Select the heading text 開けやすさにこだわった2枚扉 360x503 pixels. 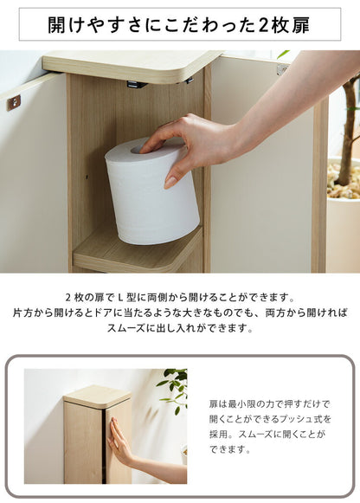(x=179, y=24)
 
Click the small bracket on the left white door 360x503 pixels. (x=14, y=102)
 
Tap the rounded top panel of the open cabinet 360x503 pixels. (x=130, y=65)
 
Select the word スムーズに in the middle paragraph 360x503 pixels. (x=131, y=329)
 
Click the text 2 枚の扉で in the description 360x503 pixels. (x=91, y=297)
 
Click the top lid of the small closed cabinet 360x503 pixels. (x=97, y=396)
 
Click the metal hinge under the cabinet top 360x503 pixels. (x=134, y=85)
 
